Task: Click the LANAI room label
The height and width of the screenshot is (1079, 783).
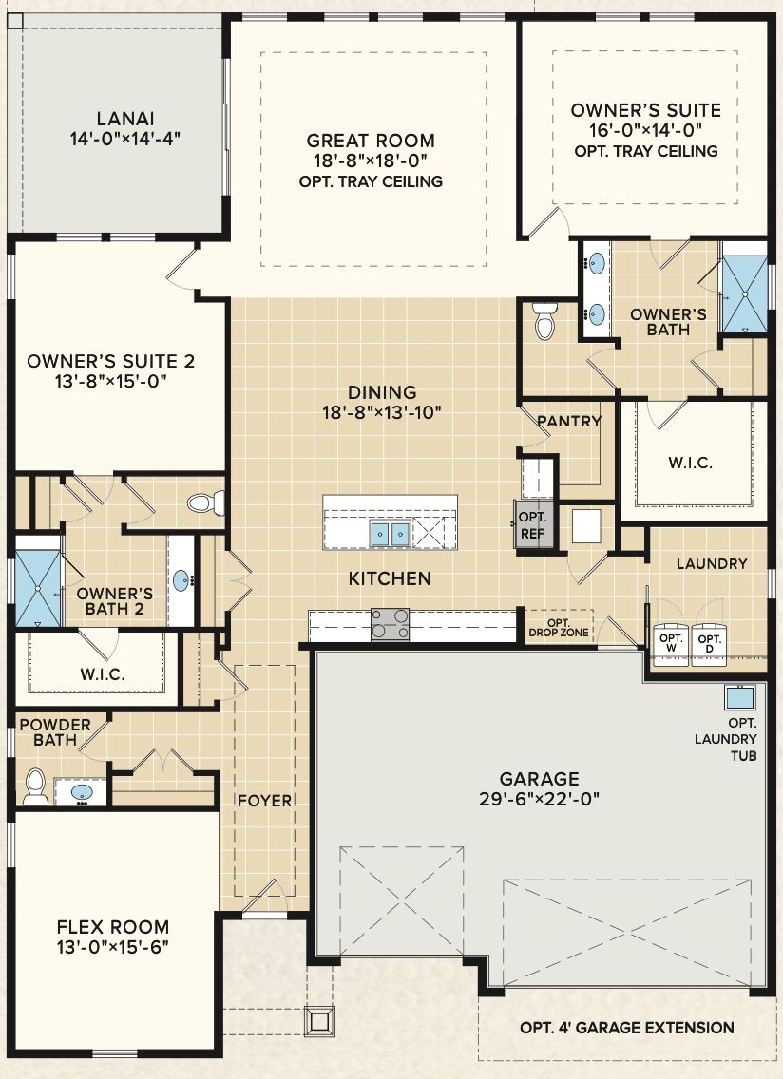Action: (x=125, y=119)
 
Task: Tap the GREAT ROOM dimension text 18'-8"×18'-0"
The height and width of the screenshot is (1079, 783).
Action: (x=371, y=161)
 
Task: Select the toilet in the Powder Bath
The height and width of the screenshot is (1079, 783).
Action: (x=35, y=786)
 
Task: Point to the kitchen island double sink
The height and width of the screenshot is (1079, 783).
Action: (x=390, y=533)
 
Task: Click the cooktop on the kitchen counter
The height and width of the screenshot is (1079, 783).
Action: (x=390, y=624)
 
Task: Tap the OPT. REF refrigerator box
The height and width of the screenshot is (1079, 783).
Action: (x=533, y=524)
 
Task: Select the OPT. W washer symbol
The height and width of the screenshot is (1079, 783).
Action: (x=671, y=643)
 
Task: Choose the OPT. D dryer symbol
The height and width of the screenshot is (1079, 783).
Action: (x=709, y=643)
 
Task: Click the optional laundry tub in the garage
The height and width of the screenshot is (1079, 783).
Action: (x=739, y=698)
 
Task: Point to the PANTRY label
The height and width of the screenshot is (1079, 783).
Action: (x=569, y=421)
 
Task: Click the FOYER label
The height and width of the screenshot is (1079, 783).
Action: (x=265, y=801)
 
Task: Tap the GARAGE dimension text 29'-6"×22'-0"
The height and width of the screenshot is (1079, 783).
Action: (x=539, y=799)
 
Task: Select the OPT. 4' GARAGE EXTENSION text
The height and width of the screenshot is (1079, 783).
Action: (x=627, y=1028)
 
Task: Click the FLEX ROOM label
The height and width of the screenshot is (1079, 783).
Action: (x=113, y=927)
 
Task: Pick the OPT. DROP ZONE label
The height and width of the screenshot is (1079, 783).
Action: (x=559, y=628)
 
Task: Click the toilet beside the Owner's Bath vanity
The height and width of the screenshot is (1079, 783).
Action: (x=544, y=322)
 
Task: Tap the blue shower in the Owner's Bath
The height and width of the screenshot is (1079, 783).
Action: (x=744, y=294)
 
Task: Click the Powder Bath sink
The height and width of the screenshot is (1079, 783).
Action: (x=82, y=791)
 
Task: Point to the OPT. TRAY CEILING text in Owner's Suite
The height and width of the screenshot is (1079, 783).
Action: (x=646, y=151)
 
